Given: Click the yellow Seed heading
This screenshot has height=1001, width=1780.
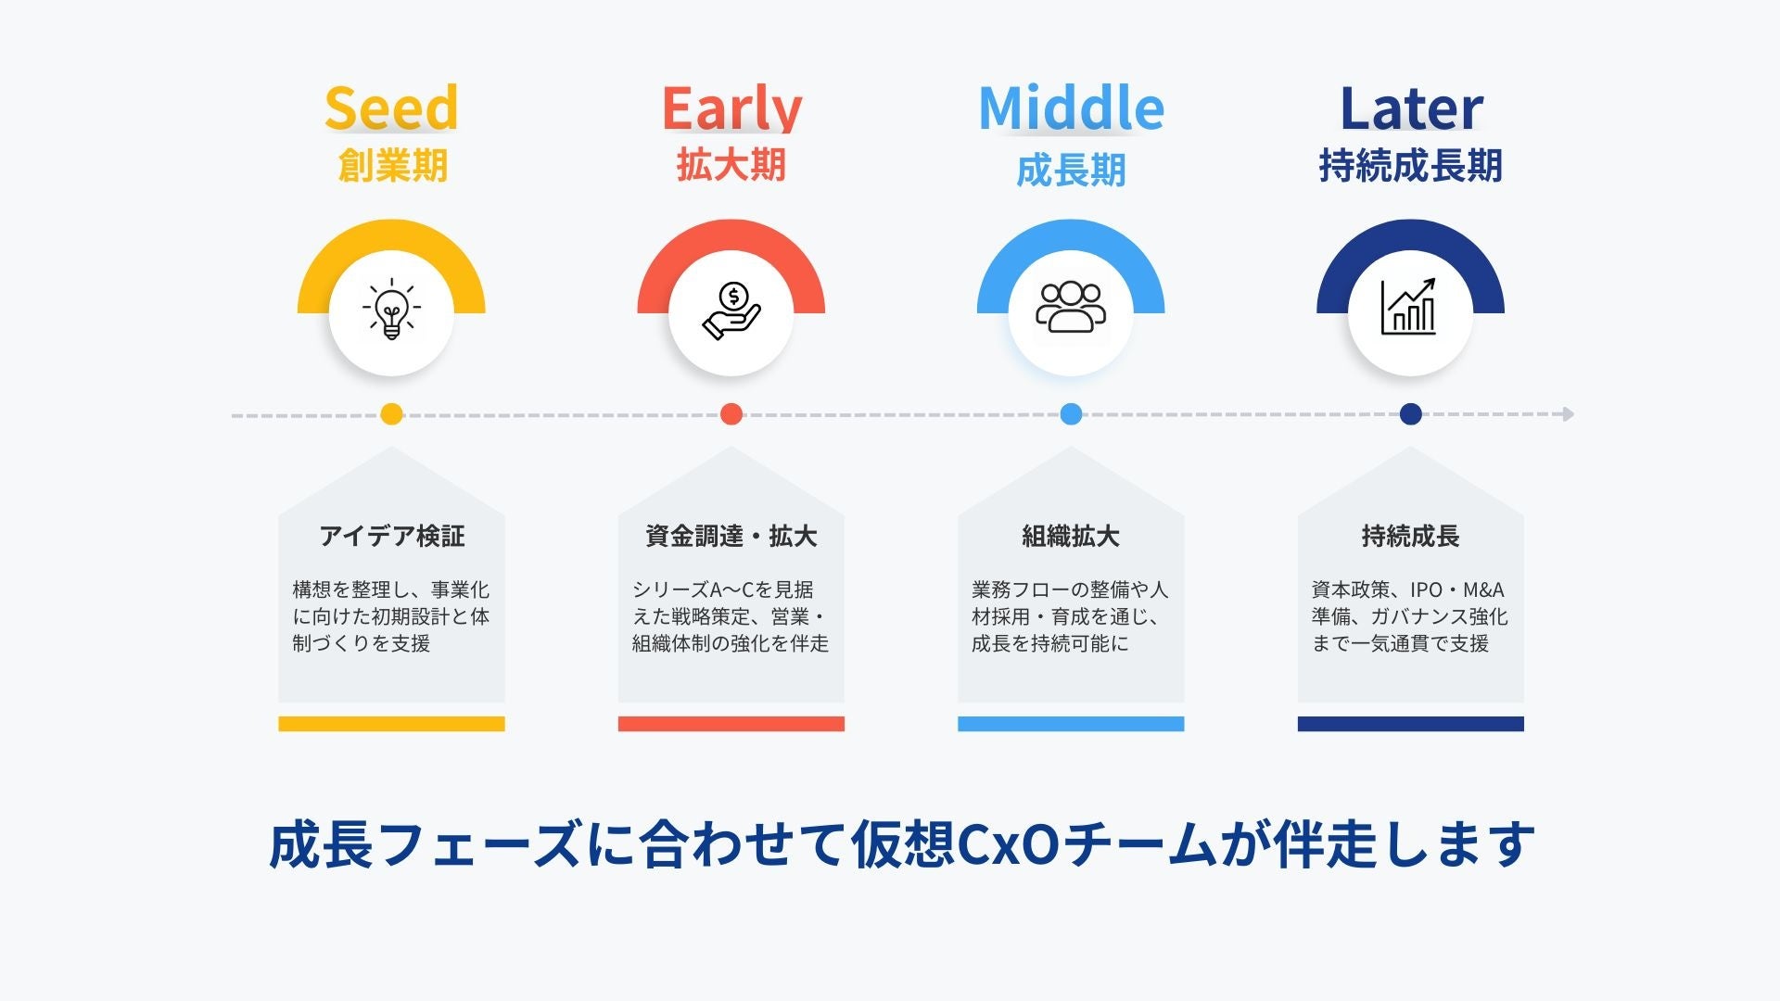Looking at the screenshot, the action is click(x=391, y=108).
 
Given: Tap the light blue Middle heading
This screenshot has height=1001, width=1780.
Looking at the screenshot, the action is click(x=1071, y=108).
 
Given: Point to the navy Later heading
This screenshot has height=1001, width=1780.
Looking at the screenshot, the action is click(x=1411, y=108).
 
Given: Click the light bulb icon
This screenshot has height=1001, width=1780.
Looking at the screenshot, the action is click(x=391, y=309).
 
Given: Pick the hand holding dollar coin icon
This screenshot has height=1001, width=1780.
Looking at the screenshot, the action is click(x=731, y=310).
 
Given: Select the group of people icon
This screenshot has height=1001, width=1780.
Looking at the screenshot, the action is click(x=1071, y=307).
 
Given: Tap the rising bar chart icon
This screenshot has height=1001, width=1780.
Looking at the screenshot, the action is click(x=1410, y=307).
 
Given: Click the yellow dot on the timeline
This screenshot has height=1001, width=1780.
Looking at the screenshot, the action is click(x=391, y=414).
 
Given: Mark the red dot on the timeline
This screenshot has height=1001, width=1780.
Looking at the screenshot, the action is click(x=731, y=414).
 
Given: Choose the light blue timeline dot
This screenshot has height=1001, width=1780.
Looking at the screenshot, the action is click(x=1071, y=414).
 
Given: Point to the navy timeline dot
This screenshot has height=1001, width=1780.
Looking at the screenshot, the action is click(x=1411, y=414).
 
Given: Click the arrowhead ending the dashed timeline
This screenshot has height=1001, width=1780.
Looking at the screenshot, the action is click(x=1569, y=414).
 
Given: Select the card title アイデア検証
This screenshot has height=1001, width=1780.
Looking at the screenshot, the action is click(x=392, y=536).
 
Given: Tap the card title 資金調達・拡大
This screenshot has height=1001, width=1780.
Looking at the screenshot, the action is click(x=731, y=536).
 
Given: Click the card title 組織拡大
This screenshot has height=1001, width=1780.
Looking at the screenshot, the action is click(x=1071, y=536).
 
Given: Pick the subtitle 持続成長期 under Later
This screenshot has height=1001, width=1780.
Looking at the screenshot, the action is click(x=1411, y=166).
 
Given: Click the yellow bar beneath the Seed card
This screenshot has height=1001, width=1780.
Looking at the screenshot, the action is click(x=391, y=724).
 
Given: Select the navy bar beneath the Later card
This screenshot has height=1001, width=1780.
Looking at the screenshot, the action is click(x=1411, y=724).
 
